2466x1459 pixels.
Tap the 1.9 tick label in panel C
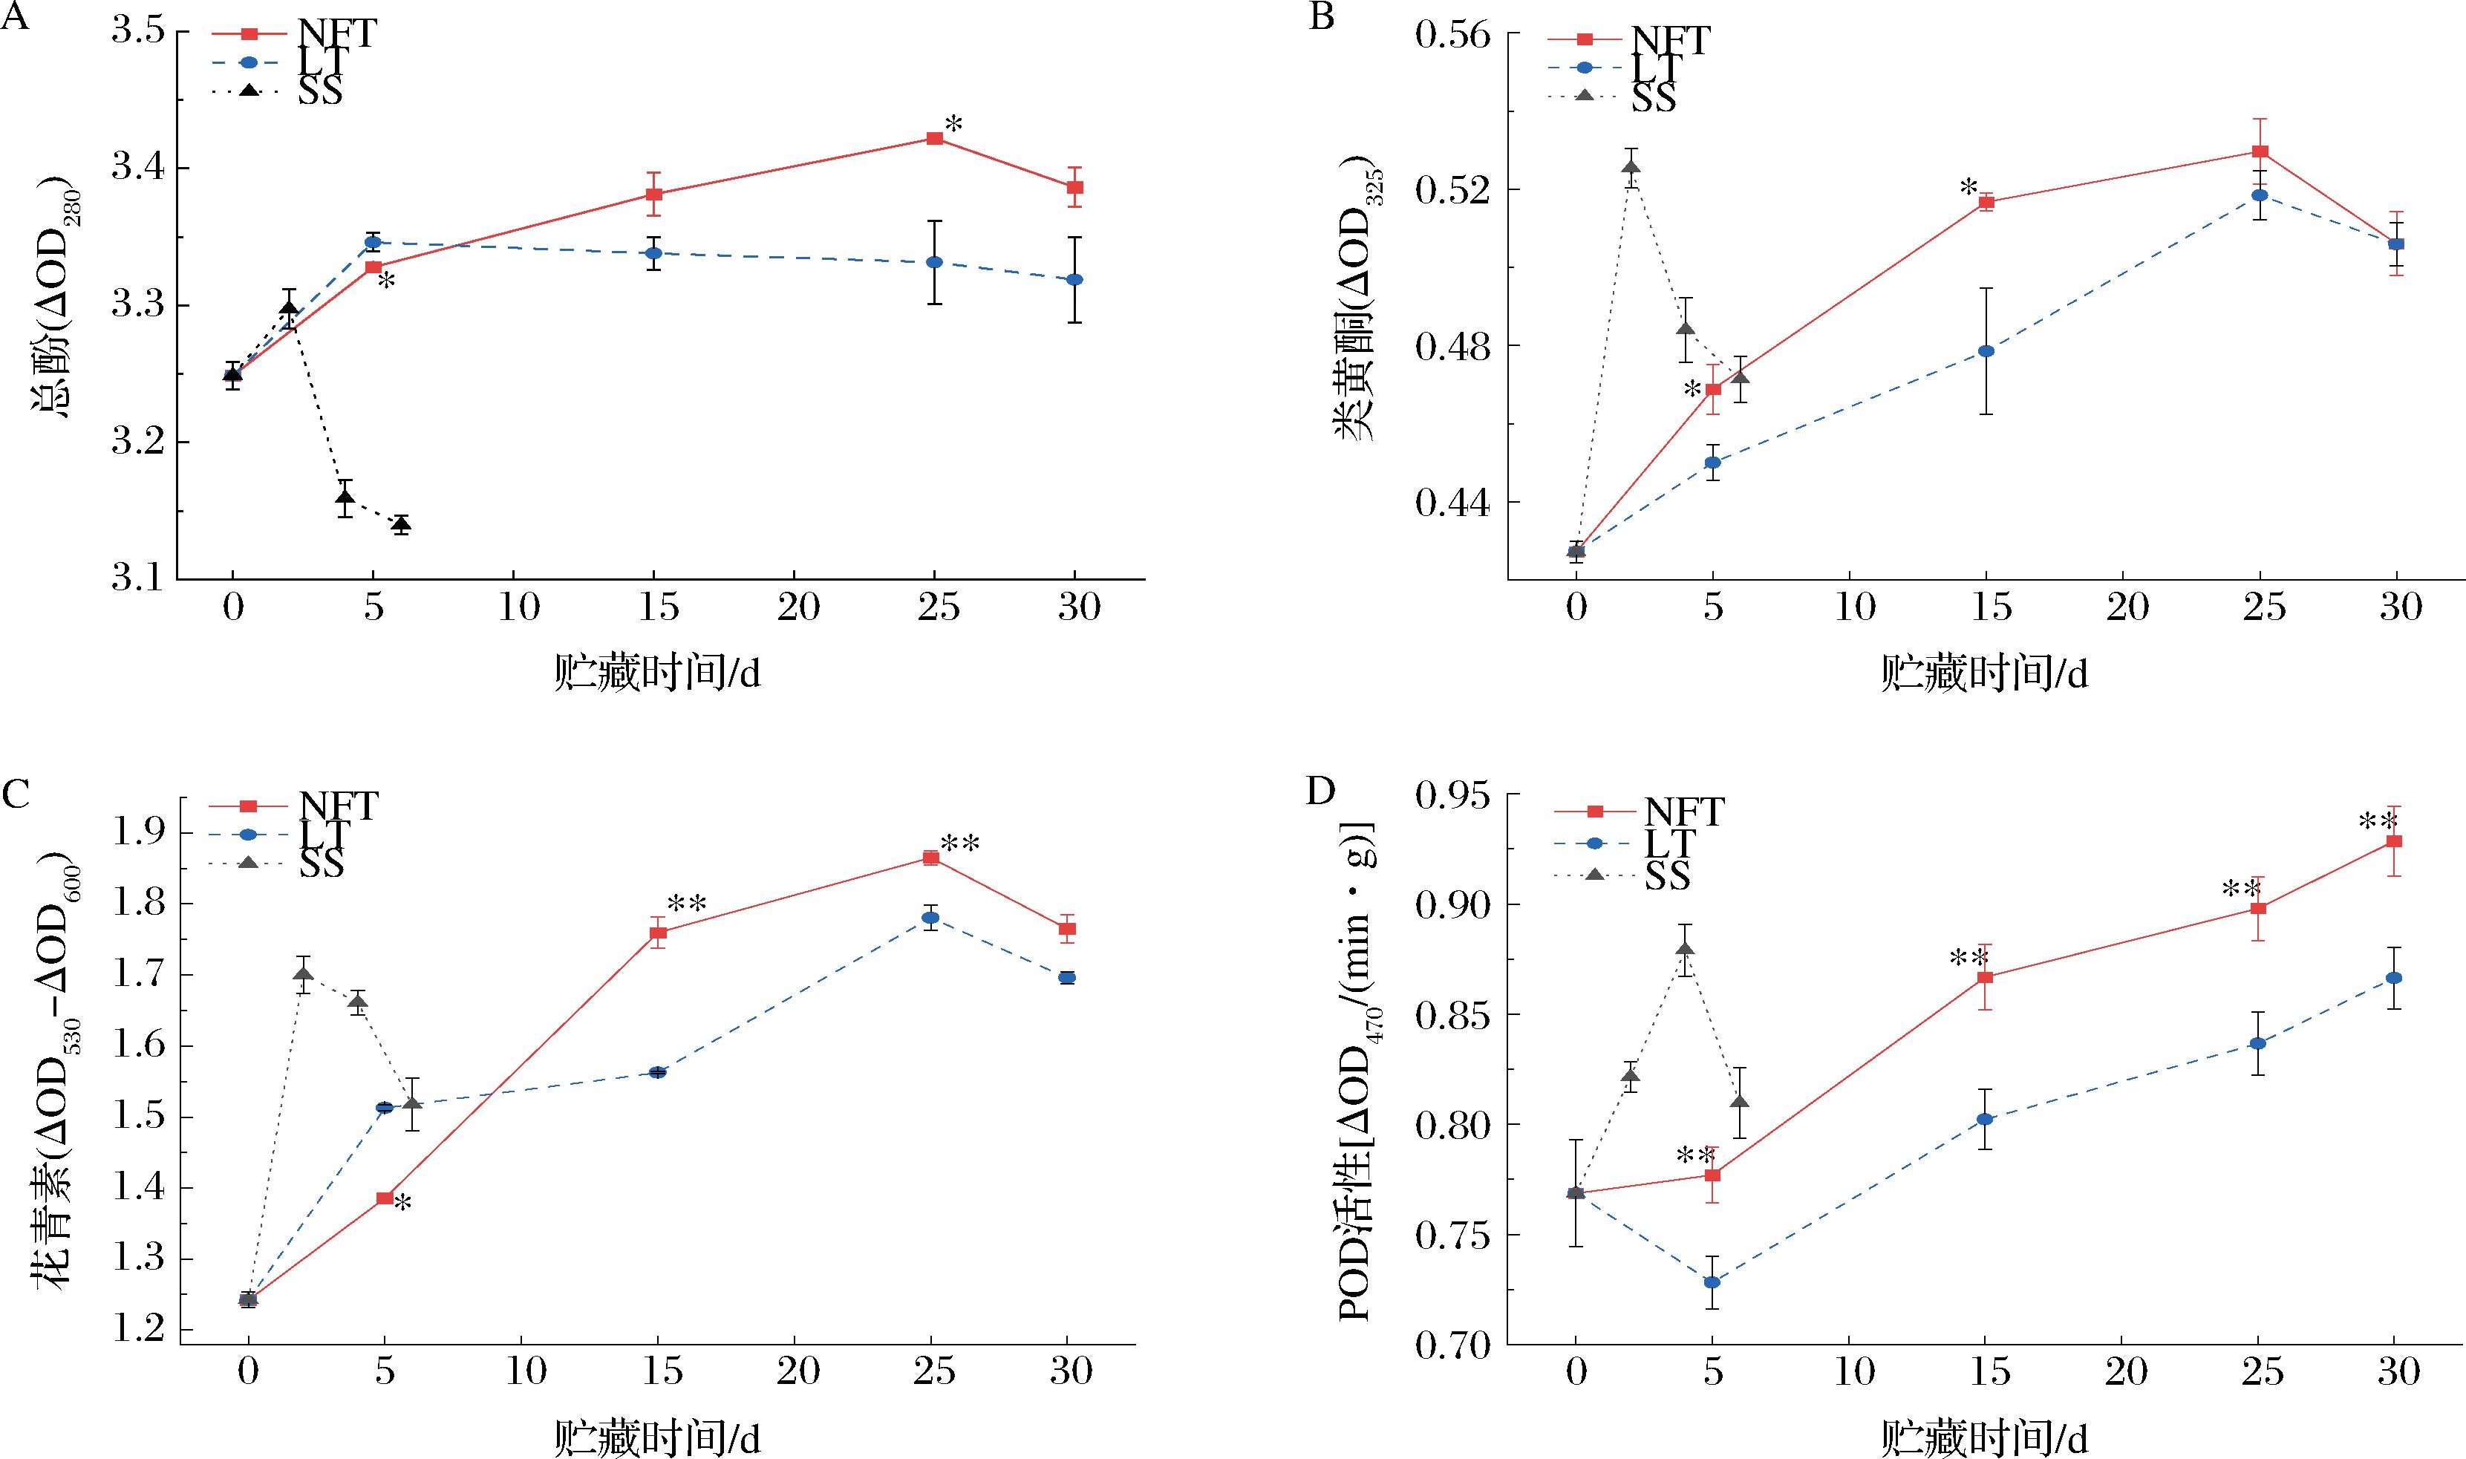click(x=143, y=834)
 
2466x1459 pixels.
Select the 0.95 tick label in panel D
click(x=1452, y=794)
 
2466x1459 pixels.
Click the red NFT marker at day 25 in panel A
click(x=935, y=139)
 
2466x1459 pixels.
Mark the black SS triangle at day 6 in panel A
click(x=401, y=524)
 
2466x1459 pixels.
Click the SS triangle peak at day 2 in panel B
click(x=1632, y=166)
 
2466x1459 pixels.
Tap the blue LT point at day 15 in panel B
click(x=1986, y=351)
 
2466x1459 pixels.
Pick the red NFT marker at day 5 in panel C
click(x=385, y=1198)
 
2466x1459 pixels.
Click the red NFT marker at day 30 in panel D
click(x=2395, y=841)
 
